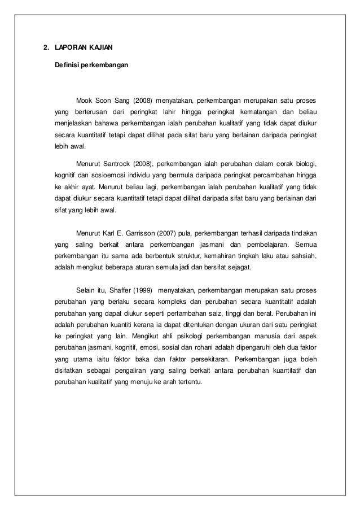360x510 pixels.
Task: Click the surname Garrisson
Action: point(143,233)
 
